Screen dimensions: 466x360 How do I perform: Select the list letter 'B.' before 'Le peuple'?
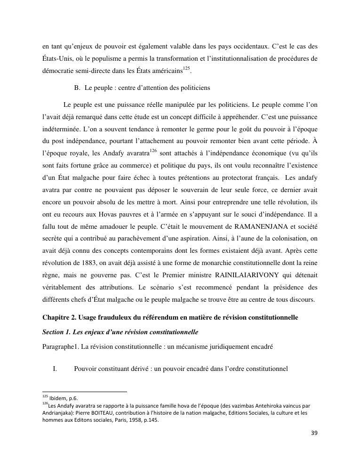click(78, 88)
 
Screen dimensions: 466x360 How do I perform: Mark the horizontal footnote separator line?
click(85, 392)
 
